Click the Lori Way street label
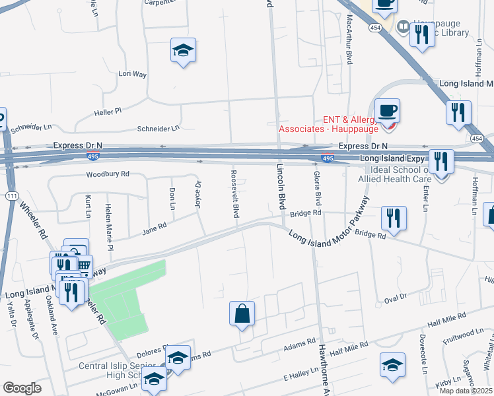[132, 75]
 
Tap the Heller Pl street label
[108, 112]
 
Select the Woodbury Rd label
[108, 175]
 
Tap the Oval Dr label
[394, 300]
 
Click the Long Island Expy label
[392, 159]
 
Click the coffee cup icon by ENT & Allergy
[387, 110]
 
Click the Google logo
[22, 387]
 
